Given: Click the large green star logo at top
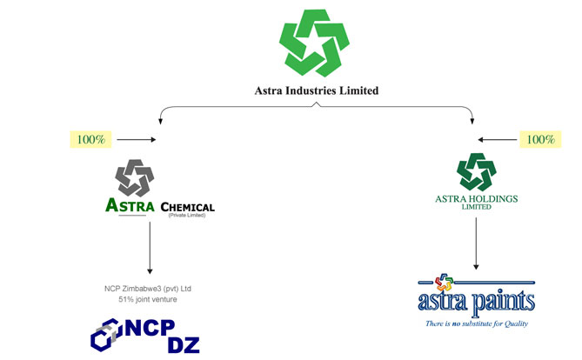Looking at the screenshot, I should (316, 43).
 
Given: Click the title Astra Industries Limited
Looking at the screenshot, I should (316, 90).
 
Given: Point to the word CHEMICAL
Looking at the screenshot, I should (187, 207).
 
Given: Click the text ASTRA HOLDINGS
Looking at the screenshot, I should (476, 199).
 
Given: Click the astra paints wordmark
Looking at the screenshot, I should (477, 303).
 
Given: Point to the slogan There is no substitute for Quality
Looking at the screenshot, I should (477, 324).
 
